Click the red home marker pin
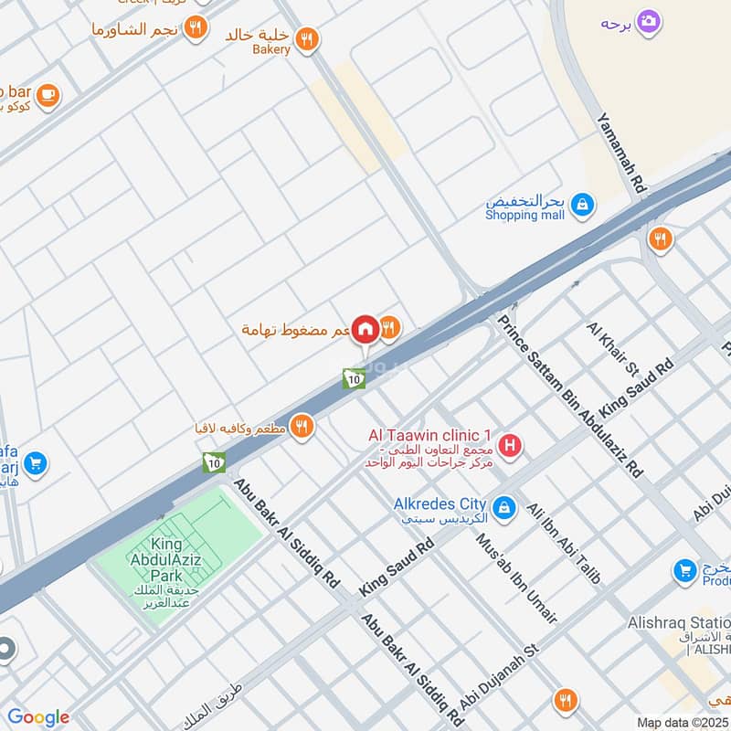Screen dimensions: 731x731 [365, 330]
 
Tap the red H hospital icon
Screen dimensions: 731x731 [512, 446]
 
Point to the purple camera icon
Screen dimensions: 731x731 [649, 21]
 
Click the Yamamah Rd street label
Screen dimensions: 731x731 [621, 153]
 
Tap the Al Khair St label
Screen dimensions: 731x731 [613, 348]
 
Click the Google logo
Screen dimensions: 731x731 [38, 717]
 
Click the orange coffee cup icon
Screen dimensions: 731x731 [48, 92]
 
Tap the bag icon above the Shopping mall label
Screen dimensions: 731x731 [581, 207]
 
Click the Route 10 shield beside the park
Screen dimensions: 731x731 [215, 462]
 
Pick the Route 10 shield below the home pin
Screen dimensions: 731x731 [354, 377]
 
